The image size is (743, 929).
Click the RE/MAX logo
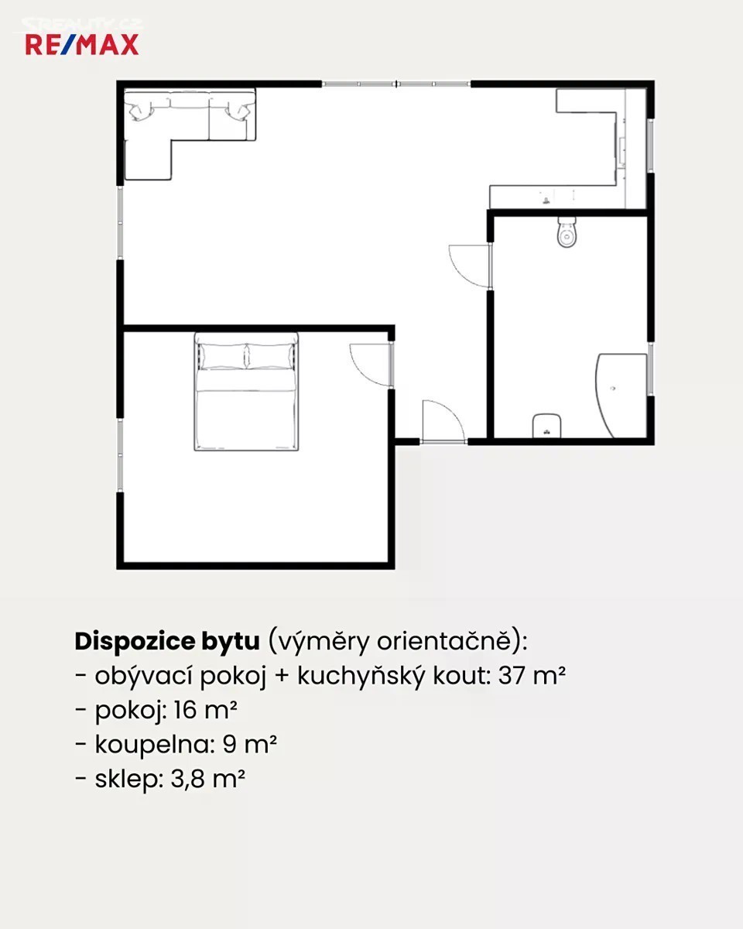tap(82, 45)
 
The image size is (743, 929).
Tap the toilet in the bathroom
tap(567, 231)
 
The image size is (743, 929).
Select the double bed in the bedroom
tap(247, 392)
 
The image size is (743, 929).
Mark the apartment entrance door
tap(443, 421)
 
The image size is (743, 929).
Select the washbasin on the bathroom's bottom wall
tap(546, 426)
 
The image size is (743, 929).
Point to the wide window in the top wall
tap(396, 84)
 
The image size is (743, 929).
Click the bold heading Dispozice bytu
tap(167, 642)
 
